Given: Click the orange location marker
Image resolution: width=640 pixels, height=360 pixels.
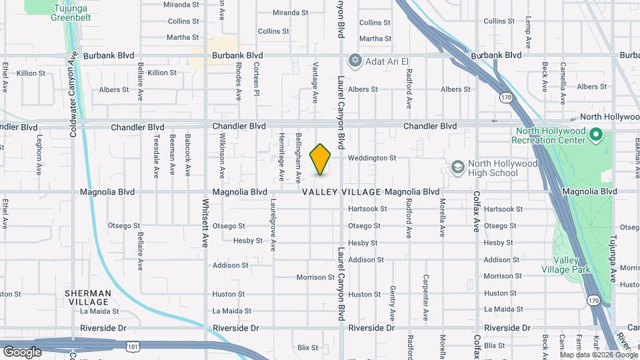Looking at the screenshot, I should click(321, 159).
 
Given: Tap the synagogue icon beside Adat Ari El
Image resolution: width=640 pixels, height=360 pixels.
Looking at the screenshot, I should click(355, 61).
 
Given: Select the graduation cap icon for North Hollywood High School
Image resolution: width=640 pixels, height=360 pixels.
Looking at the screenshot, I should click(457, 166).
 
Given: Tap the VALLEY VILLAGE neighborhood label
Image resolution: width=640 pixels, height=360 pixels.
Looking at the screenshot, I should click(341, 192).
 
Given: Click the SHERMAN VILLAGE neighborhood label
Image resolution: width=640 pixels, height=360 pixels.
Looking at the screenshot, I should click(87, 297).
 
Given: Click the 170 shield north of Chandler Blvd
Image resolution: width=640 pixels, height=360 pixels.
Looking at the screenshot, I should click(506, 98).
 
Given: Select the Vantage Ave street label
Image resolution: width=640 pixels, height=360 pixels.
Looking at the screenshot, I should click(315, 83).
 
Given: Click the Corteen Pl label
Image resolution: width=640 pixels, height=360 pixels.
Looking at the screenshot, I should click(256, 80).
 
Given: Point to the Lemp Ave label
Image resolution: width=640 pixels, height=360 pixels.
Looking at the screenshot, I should click(527, 31).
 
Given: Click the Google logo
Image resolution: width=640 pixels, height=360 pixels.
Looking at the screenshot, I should click(22, 351).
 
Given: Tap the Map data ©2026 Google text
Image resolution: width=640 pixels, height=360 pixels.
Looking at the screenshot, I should click(599, 355).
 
